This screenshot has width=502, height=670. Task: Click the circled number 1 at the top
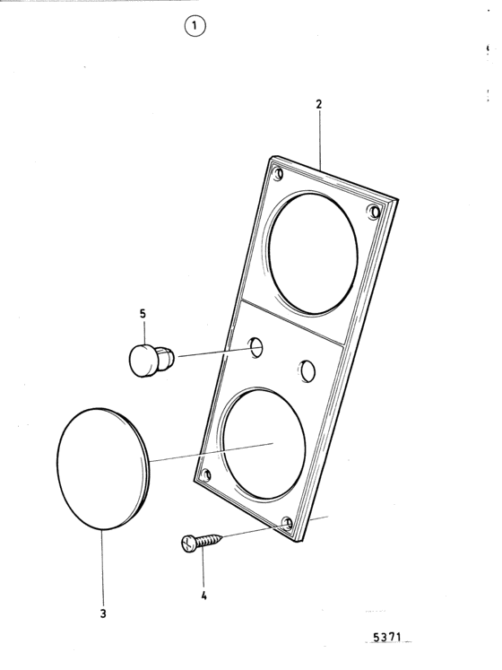pos(195,27)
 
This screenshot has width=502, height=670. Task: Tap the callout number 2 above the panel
pos(319,104)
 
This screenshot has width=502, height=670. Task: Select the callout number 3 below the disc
pos(103,613)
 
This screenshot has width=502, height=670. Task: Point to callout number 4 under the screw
pos(203,596)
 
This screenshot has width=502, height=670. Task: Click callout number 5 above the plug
pos(143,314)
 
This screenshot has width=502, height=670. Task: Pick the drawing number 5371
pos(387,638)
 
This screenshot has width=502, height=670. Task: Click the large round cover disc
pos(103,469)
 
